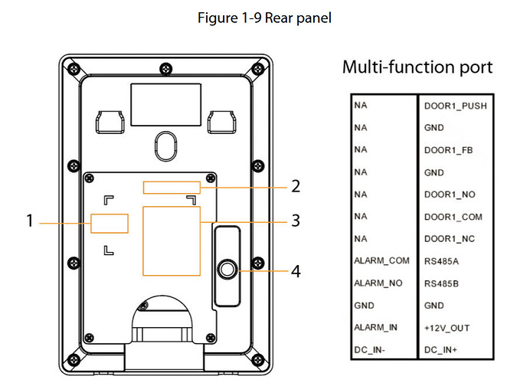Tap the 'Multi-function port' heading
point(417,67)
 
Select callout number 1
point(30,221)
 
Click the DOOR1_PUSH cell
point(455,106)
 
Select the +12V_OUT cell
point(446,328)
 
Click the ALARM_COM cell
point(381,261)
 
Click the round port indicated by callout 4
point(226,270)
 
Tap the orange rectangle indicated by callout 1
point(109,223)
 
